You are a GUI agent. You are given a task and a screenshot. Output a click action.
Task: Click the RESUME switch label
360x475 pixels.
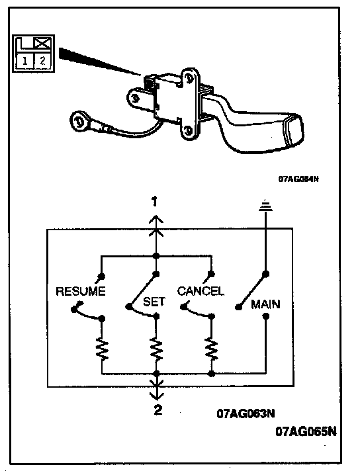81,291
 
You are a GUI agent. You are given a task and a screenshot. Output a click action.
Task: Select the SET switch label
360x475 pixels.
154,302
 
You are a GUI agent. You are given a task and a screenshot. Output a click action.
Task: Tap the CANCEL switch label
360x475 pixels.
201,291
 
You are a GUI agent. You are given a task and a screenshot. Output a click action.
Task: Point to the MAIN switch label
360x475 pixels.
265,304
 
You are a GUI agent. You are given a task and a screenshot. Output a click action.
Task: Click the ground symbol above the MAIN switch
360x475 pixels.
265,205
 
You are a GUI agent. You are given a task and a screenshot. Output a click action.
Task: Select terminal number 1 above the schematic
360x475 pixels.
155,202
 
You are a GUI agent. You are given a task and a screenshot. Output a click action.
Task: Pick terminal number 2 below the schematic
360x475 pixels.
158,410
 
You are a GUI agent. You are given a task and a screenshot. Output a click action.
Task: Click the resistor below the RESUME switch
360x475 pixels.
102,349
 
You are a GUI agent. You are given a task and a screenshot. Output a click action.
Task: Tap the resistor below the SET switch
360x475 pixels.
156,349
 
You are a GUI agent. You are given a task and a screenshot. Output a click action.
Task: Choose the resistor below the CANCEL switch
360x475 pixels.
212,349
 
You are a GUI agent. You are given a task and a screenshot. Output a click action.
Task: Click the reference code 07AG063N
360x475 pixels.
246,413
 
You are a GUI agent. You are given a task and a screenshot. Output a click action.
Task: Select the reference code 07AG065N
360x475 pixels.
306,431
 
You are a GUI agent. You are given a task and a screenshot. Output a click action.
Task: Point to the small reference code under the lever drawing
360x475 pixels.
298,179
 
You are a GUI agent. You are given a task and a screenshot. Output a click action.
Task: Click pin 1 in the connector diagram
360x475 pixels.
25,61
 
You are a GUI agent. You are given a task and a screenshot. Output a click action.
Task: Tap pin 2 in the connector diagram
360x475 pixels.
42,61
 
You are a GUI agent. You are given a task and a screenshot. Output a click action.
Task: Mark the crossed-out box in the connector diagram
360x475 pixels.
42,43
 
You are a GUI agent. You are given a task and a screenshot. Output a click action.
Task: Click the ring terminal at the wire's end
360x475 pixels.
79,121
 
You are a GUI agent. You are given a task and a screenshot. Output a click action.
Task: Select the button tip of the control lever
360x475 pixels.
293,131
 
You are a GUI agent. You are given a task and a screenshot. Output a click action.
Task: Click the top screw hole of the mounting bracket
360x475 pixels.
188,79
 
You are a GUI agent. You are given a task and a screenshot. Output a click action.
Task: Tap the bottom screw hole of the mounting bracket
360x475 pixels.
188,131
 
